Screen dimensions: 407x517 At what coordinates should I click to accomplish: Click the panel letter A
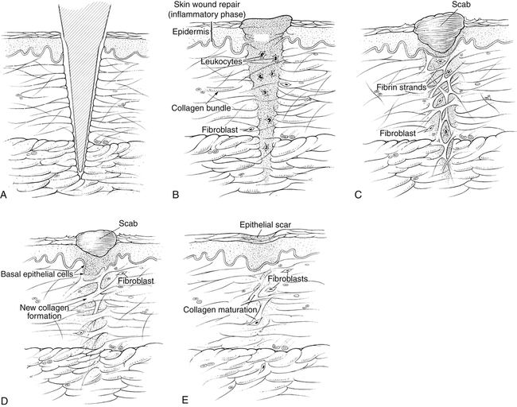[6, 193]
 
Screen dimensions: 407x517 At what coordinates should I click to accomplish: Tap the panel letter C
[357, 193]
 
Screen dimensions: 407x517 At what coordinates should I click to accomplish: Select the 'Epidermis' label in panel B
[192, 32]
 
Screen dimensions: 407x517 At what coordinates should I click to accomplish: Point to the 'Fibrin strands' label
[403, 85]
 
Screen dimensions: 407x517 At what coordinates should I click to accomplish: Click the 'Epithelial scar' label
[266, 225]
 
